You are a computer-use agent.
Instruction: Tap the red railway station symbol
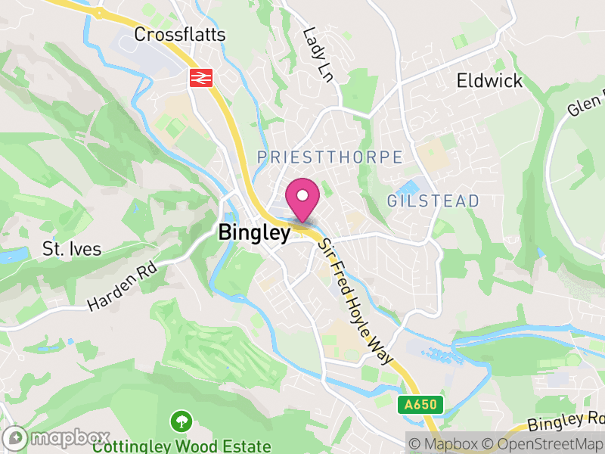pos(200,77)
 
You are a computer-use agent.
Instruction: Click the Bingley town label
pos(254,233)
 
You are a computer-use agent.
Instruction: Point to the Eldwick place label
pos(489,80)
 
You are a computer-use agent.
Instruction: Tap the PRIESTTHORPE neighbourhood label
pos(329,157)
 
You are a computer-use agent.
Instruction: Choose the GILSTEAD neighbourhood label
pos(433,201)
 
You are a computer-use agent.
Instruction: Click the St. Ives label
pos(72,249)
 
